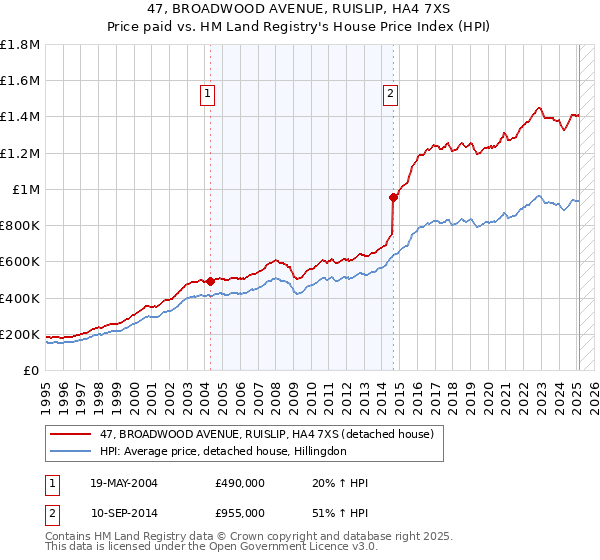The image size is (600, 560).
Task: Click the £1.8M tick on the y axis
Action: tap(20, 45)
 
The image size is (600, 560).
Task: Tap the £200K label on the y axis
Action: tap(20, 334)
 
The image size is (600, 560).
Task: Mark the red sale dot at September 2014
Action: tap(393, 197)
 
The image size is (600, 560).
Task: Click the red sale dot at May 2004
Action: tap(210, 282)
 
